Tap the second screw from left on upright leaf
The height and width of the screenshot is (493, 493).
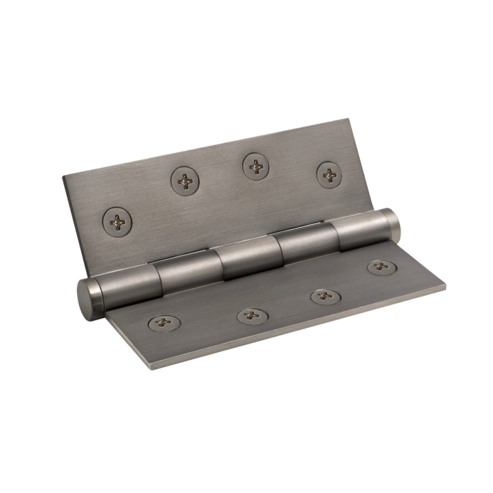pos(185,181)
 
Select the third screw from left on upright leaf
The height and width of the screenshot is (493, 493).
pos(256,165)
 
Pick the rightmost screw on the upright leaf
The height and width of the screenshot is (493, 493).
pos(330,175)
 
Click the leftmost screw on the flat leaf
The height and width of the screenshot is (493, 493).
pos(163,322)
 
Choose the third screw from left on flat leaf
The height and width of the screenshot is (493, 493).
pos(325,296)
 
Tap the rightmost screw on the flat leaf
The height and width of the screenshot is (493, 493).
pos(381,267)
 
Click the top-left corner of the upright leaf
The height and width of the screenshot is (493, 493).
pos(63,176)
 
